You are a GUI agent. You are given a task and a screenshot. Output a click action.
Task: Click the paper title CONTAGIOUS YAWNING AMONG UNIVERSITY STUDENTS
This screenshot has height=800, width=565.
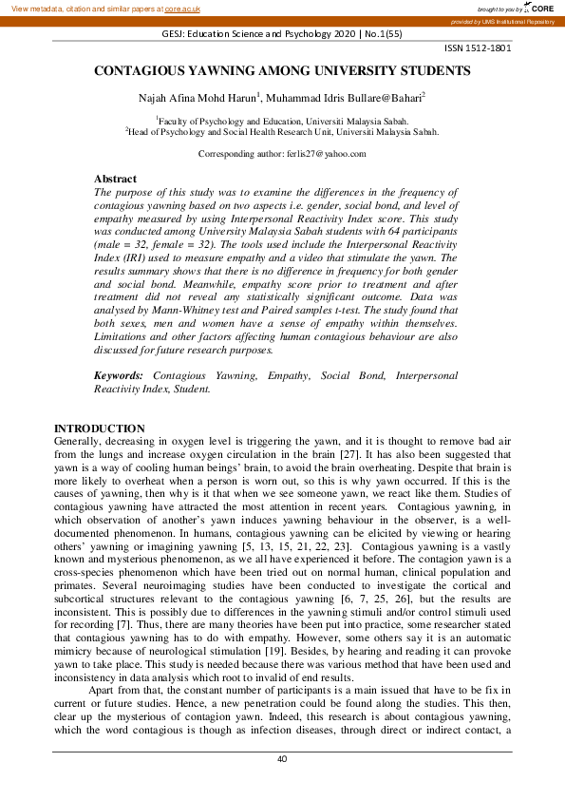click(x=282, y=71)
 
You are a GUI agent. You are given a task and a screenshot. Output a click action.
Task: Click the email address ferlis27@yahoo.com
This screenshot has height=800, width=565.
click(x=325, y=154)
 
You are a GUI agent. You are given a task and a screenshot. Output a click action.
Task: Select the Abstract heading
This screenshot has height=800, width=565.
click(x=115, y=179)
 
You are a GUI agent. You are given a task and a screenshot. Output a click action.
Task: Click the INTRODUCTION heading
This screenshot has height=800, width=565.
click(x=99, y=429)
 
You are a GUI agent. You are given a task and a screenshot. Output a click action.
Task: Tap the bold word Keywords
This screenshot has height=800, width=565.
click(x=119, y=376)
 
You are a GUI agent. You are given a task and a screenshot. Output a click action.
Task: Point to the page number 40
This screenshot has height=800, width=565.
click(x=282, y=759)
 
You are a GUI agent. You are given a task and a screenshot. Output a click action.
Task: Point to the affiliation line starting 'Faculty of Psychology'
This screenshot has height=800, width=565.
click(x=282, y=122)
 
